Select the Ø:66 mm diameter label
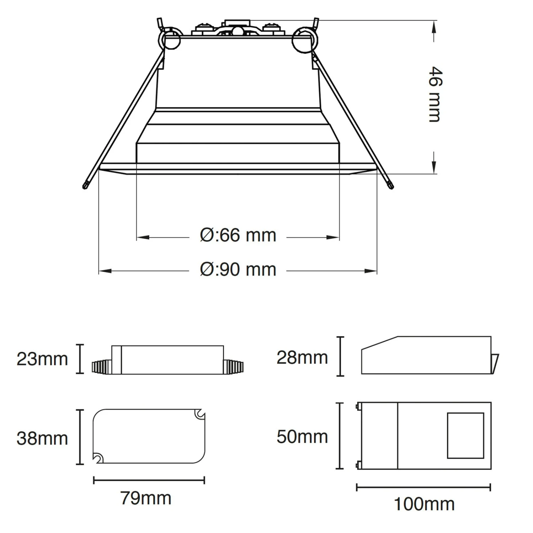coord(238,236)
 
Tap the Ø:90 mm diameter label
coord(238,270)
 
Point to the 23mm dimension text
coord(42,359)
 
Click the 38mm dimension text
coord(42,438)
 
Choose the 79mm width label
coord(146,498)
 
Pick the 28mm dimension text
coord(302,358)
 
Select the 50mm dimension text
coord(302,437)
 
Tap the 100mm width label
coord(424,504)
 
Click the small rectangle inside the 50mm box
coord(465,435)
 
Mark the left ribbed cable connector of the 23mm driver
coord(102,367)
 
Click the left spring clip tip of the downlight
coord(86,185)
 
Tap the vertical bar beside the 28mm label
coord(341,356)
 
